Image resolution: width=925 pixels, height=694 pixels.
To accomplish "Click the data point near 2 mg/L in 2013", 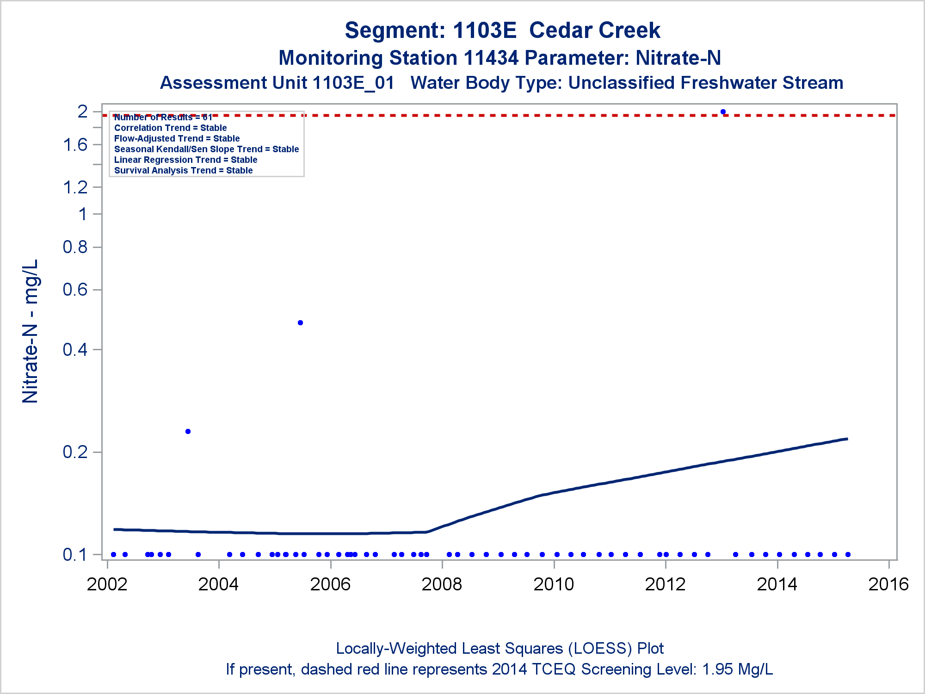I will coord(723,112).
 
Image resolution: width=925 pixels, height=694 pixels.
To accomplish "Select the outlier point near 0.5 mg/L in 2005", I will coord(300,322).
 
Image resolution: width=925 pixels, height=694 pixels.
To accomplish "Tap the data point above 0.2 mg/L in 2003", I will coord(188,431).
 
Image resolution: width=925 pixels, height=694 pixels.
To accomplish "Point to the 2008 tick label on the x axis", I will coord(442,584).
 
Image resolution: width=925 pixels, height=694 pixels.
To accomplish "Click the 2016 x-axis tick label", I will coord(888,584).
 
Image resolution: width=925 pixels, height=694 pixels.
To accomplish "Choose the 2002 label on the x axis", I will coord(107,584).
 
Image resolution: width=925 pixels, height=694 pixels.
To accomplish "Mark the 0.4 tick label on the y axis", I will coord(75,349).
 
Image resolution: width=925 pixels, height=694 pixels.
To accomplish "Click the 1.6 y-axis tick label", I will coord(75,145).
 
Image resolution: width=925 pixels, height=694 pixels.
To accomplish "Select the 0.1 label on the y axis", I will coord(75,554).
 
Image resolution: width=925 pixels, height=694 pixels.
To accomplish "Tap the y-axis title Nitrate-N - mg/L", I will coord(31,331).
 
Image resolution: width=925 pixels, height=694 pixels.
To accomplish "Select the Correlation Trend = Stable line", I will coord(170,128).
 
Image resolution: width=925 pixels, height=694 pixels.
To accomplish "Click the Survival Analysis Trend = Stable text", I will coord(183,170).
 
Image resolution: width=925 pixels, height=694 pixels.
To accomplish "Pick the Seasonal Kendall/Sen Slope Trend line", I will coord(206,149).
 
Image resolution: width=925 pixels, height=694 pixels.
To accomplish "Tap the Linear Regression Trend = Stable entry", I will coord(185,160).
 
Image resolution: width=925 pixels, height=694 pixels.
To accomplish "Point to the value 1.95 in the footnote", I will coord(718,669).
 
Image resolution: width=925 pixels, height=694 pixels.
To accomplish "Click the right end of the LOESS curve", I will coord(846,439).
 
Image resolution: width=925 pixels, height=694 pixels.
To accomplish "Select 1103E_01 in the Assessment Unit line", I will coord(353,83).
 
